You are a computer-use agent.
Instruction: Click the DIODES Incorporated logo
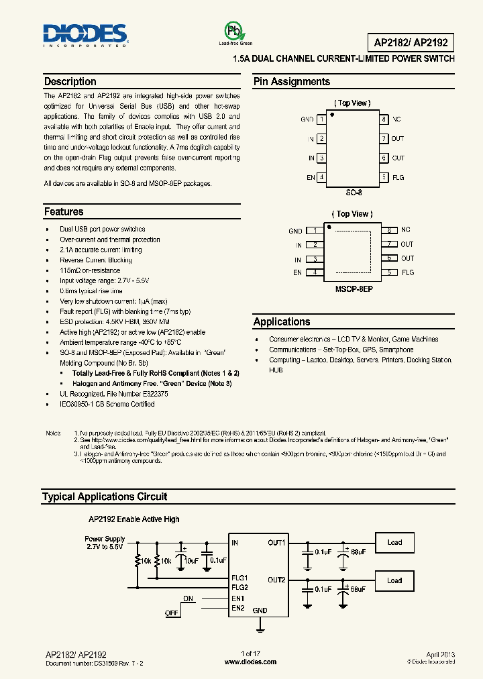[x=85, y=34]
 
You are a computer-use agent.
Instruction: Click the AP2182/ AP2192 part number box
[x=411, y=43]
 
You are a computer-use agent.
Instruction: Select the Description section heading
[x=70, y=82]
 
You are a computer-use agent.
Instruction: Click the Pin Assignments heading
[x=291, y=82]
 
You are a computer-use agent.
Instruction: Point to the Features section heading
[x=64, y=212]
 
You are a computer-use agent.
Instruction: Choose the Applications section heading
[x=282, y=322]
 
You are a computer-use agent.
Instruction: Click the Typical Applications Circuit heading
[x=104, y=497]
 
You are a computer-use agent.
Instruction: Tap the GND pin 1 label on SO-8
[x=307, y=119]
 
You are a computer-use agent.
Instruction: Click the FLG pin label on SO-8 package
[x=398, y=178]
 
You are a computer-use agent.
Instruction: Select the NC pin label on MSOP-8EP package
[x=406, y=230]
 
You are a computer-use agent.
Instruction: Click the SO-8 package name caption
[x=354, y=193]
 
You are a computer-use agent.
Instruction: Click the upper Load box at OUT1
[x=394, y=542]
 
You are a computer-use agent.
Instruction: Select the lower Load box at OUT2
[x=394, y=581]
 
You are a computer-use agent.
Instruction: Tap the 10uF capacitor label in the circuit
[x=191, y=560]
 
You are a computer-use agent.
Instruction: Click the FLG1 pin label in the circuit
[x=239, y=578]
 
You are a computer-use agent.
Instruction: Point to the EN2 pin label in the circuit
[x=237, y=609]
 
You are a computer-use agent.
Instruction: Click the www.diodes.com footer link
[x=250, y=662]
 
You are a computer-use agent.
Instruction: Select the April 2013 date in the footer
[x=440, y=654]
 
